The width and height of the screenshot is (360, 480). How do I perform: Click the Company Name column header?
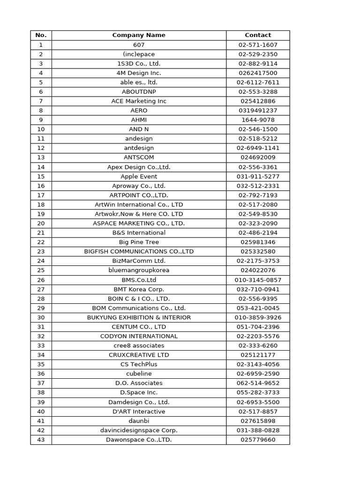coord(139,35)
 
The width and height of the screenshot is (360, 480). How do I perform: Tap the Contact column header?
coord(258,35)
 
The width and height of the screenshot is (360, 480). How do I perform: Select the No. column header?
coord(41,35)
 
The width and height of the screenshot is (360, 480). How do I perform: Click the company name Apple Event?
coord(139,176)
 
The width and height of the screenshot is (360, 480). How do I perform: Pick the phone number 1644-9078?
coord(258,120)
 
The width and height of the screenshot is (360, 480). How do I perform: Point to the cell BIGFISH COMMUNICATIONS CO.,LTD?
coord(139,251)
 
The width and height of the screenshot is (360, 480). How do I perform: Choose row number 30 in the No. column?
coord(41,317)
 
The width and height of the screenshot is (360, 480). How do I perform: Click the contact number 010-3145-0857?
coord(258,280)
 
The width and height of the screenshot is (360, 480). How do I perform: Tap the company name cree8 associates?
coord(139,345)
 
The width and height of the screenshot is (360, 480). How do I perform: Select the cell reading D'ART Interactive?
coord(139,411)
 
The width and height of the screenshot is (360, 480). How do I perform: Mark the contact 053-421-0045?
coord(258,308)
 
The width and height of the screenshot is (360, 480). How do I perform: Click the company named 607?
coord(139,45)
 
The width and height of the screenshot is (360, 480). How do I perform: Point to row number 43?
coord(41,440)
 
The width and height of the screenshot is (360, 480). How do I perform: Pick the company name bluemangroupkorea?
coord(139,270)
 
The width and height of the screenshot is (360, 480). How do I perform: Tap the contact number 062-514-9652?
coord(258,383)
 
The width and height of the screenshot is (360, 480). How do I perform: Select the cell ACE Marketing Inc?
coord(139,101)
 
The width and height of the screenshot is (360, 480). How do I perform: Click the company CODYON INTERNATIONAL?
coord(139,336)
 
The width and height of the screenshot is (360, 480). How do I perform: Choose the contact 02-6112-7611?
coord(258,82)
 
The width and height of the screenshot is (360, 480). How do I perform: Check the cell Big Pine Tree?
coord(139,242)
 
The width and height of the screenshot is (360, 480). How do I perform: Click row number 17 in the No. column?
coord(41,195)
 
